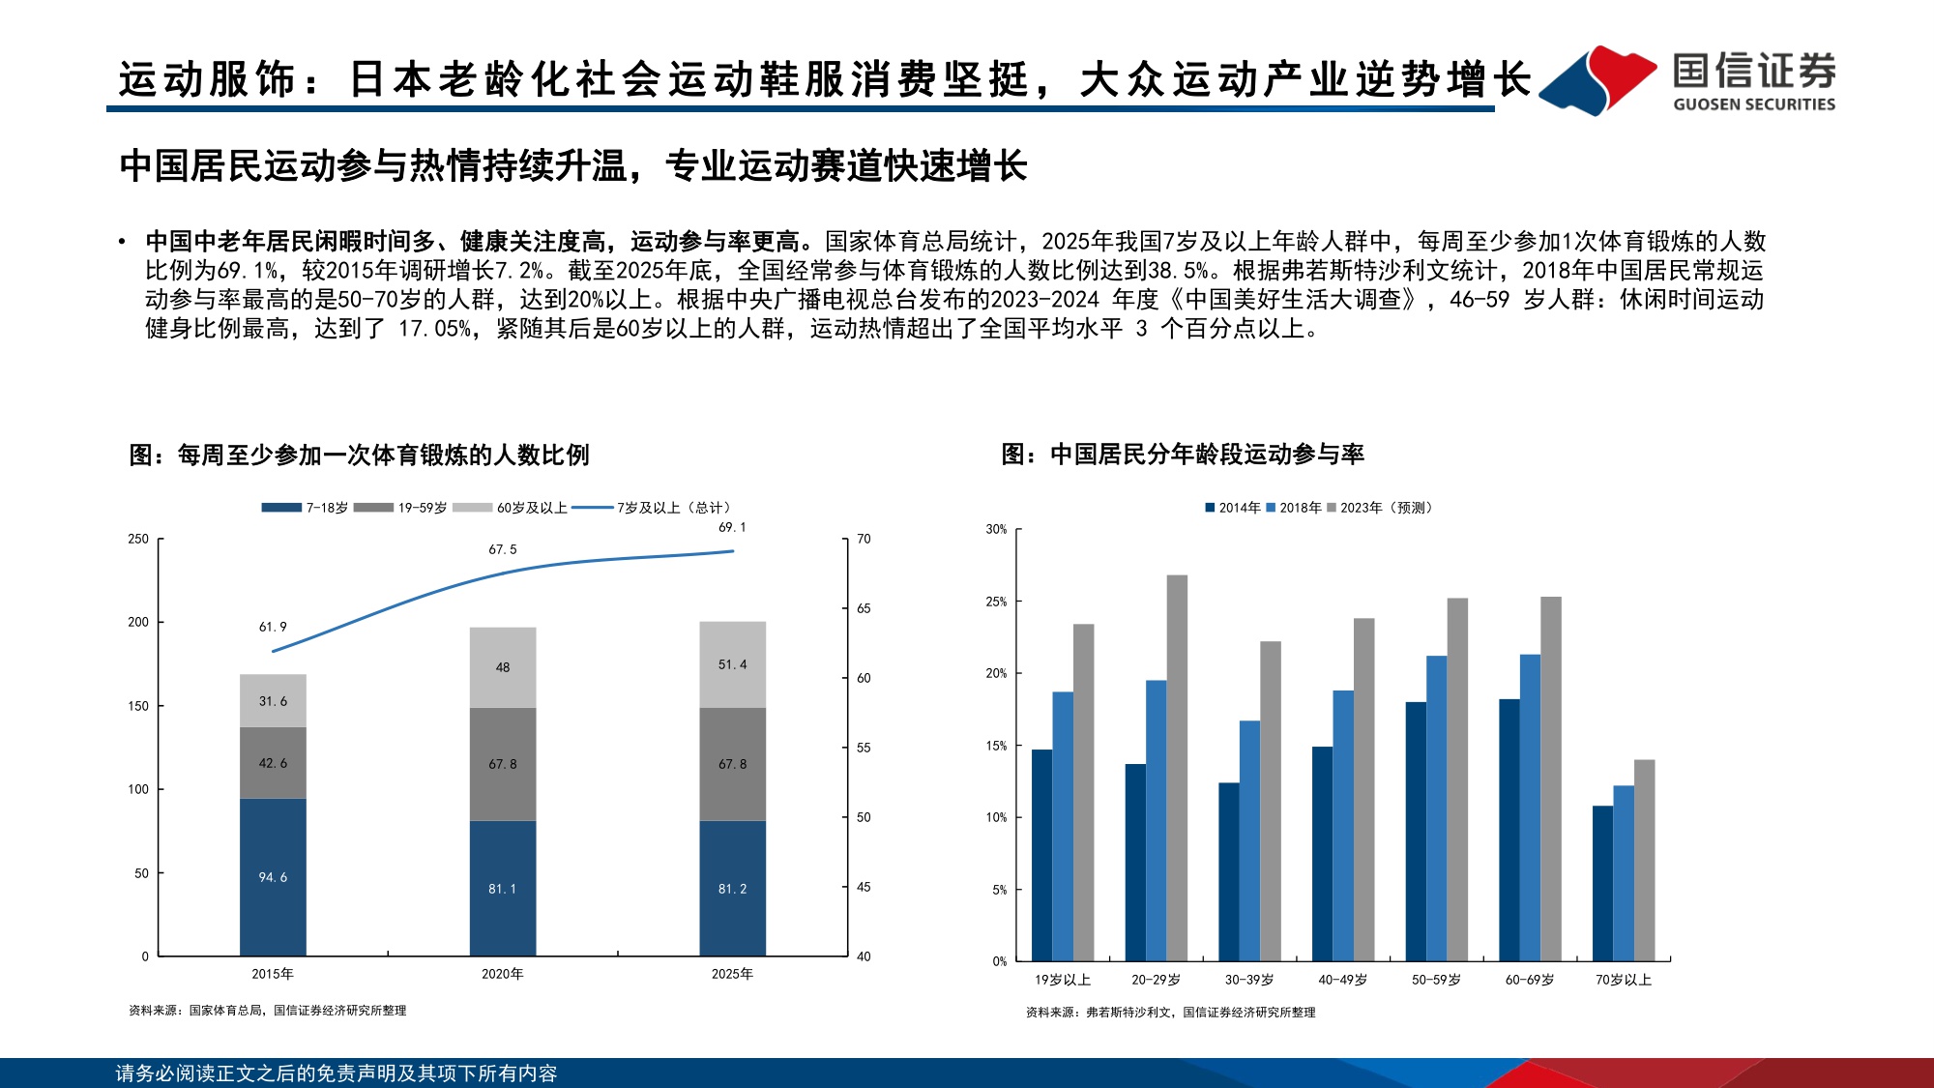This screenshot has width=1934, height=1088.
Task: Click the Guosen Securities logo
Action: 1686,81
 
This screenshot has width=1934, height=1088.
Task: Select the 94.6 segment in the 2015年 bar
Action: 273,877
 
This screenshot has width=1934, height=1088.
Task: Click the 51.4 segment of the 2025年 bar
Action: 732,664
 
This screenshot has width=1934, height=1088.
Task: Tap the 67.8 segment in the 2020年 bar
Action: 502,764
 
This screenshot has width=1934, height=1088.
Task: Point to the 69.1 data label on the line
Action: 732,527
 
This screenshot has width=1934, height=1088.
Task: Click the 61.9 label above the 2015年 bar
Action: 273,627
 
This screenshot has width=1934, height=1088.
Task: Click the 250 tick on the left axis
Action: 138,539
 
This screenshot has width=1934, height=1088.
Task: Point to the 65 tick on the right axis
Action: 864,608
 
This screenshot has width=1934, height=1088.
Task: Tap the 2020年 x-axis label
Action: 502,974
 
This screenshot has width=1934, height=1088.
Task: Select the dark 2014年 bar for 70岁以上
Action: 1602,882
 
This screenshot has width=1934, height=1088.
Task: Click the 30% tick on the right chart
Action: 996,529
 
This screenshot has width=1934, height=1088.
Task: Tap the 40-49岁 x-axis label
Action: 1342,980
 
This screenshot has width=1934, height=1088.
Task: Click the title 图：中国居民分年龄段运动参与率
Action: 1182,454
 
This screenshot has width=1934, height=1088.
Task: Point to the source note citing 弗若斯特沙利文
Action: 1170,1013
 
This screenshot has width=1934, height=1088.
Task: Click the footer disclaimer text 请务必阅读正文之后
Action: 336,1073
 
